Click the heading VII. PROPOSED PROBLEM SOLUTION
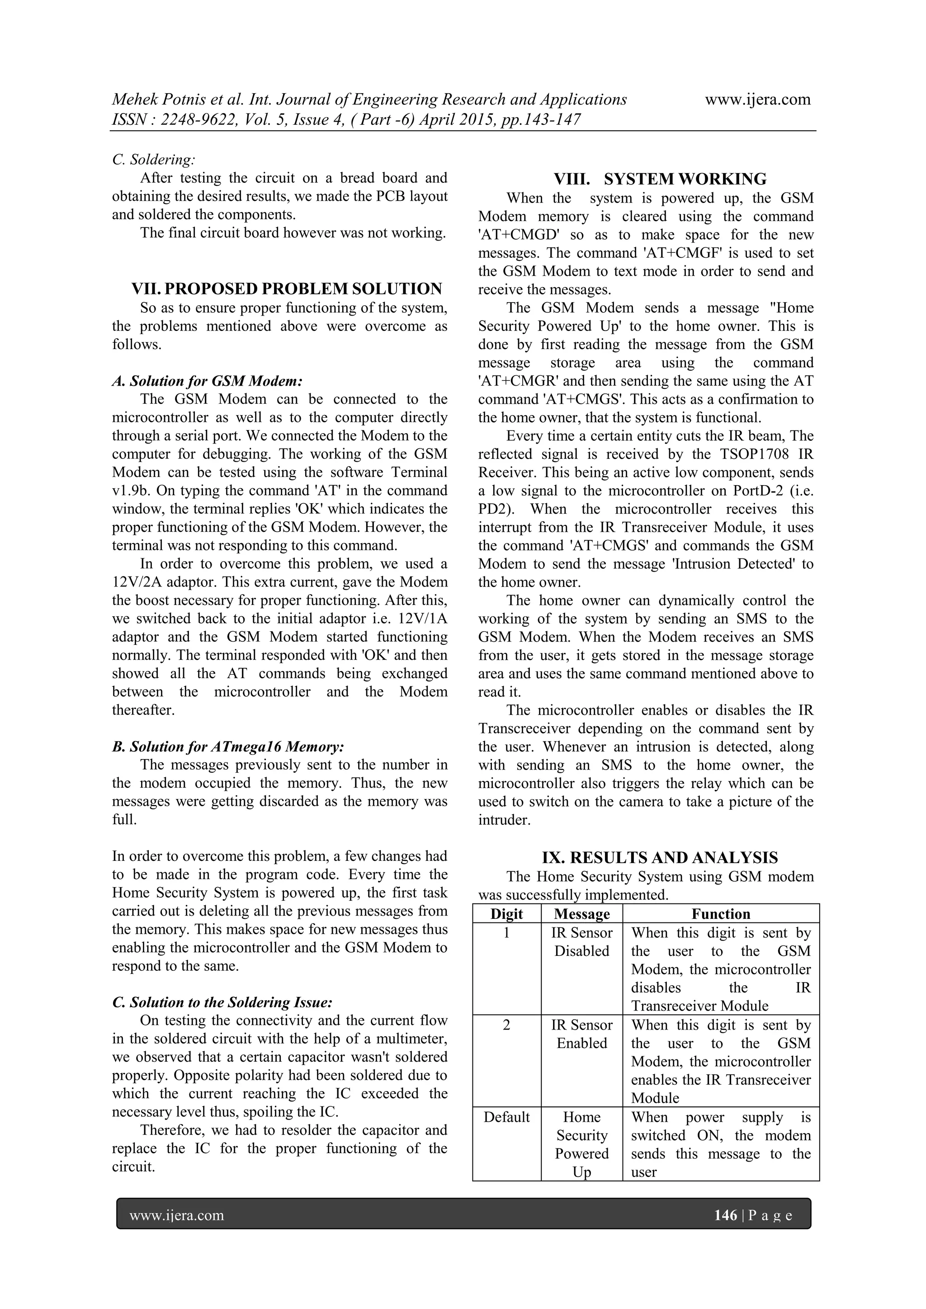(x=287, y=288)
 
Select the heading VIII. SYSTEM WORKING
(x=660, y=179)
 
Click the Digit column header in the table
(x=506, y=914)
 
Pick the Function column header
(x=721, y=914)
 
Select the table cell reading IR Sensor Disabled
(x=581, y=942)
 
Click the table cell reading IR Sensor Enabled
(x=581, y=1034)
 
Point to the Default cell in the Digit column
(x=506, y=1117)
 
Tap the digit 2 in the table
(x=506, y=1025)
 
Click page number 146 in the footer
(x=725, y=1215)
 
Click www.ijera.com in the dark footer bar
(x=177, y=1215)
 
